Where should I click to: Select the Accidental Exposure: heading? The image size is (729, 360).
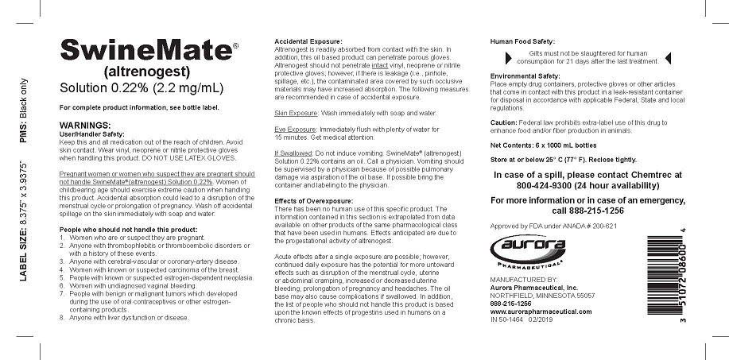[x=308, y=41]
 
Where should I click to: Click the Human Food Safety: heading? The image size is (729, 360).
[x=522, y=41]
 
